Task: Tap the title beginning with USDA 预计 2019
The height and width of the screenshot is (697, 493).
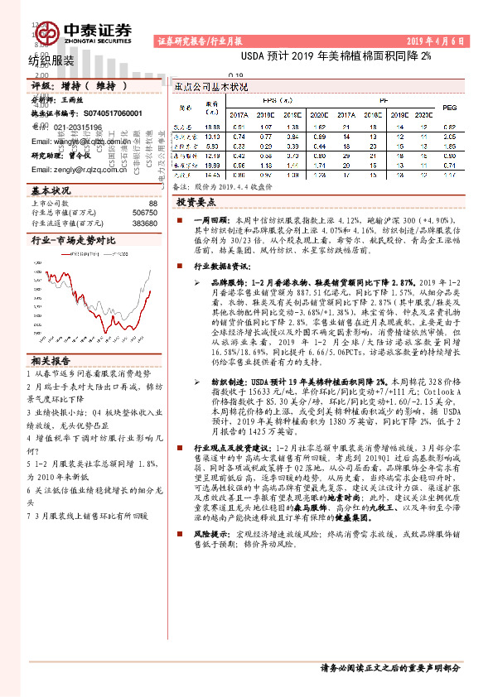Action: (336, 59)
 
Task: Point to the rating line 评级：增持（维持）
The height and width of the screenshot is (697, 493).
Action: (80, 85)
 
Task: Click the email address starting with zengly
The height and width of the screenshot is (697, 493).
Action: (79, 170)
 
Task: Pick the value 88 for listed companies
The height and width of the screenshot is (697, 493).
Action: (152, 203)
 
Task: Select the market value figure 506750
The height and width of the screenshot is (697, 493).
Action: (145, 213)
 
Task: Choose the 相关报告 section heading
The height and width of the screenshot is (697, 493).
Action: (51, 361)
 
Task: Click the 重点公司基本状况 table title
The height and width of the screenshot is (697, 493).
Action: (212, 86)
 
